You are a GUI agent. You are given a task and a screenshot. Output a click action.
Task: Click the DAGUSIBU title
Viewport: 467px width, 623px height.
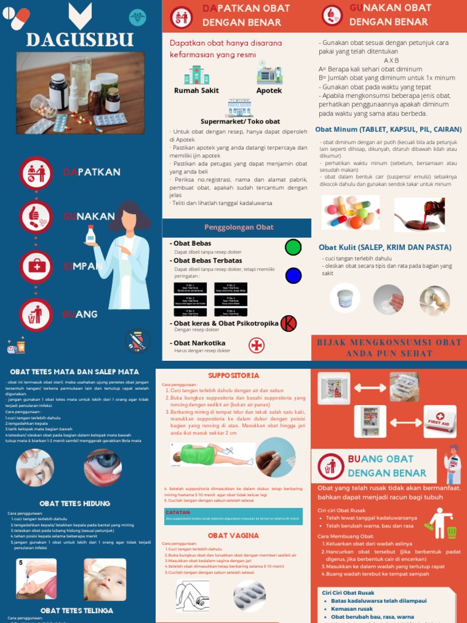[x=80, y=40]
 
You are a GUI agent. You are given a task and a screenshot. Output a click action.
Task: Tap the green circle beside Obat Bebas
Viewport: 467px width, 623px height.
[x=293, y=247]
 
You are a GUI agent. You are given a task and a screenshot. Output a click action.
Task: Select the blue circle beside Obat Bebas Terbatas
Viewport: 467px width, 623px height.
[x=293, y=275]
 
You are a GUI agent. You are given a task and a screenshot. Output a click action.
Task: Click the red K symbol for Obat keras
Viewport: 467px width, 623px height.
[x=288, y=324]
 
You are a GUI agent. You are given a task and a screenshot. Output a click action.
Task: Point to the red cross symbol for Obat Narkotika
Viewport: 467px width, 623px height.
[x=257, y=346]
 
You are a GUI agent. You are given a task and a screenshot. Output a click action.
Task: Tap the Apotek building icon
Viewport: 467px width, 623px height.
[x=269, y=75]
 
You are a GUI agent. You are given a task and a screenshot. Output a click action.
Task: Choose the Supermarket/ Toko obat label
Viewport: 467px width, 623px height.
[x=240, y=122]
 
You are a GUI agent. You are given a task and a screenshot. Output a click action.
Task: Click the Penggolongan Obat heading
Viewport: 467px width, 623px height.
[x=238, y=228]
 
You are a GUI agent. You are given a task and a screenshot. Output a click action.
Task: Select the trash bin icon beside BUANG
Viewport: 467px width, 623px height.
[x=36, y=314]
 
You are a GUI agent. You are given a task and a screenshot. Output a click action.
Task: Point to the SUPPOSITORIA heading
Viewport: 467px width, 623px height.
[x=233, y=375]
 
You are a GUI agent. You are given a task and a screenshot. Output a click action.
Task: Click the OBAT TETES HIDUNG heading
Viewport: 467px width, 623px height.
[x=75, y=503]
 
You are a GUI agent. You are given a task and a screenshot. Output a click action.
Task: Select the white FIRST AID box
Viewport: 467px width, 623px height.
[x=440, y=422]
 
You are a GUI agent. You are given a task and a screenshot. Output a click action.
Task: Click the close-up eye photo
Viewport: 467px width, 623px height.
[x=103, y=467]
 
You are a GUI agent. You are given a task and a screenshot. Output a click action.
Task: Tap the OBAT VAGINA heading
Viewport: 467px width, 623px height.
[x=233, y=535]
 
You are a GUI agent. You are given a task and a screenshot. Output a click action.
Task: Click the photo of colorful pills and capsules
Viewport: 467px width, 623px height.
[x=350, y=212]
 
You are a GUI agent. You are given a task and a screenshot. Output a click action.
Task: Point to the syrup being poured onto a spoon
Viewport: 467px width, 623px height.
[x=420, y=214]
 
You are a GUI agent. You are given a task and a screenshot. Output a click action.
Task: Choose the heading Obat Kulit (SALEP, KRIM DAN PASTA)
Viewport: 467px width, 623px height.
[x=385, y=248]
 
